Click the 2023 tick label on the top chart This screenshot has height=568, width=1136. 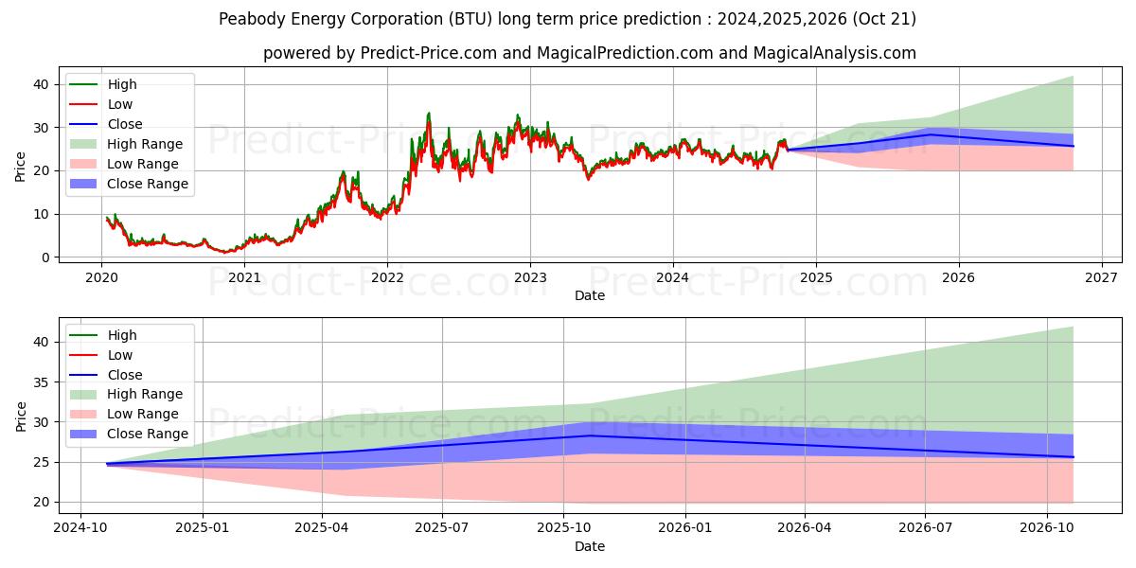coord(529,277)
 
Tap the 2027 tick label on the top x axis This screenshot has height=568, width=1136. coord(1101,277)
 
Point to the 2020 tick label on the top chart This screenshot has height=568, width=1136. coord(101,277)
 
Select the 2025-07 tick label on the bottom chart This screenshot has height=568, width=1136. coord(443,527)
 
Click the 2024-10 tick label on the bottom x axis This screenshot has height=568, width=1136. coord(80,527)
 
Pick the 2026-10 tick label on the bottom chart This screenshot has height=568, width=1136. coord(1047,527)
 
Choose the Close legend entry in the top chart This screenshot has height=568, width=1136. coord(125,124)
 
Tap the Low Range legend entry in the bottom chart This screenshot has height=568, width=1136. coord(143,414)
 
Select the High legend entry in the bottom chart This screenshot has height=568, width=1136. coord(122,335)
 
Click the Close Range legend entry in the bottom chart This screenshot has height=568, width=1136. coord(148,434)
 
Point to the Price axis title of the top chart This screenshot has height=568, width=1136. coord(21,166)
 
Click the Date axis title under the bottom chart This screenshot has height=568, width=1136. coord(590,546)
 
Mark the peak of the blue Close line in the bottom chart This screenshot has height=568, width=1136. coord(590,435)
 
